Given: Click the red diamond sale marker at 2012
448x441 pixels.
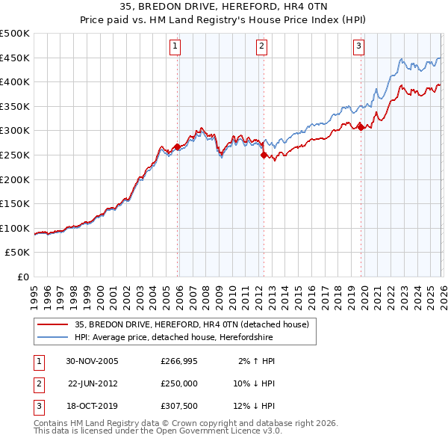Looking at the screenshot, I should (264, 155).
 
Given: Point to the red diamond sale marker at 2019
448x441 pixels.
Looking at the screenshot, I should (361, 127).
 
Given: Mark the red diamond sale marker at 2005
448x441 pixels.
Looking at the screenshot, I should (178, 147).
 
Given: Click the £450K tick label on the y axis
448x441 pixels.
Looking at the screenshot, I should (15, 58).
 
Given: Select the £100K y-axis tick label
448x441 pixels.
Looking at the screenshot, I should (15, 228).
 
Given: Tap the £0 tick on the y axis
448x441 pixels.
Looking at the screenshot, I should (22, 277).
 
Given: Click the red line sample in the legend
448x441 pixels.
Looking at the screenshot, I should (53, 324).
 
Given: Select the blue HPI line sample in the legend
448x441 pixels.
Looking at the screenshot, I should (53, 337).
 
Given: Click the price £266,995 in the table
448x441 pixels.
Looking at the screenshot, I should (177, 360).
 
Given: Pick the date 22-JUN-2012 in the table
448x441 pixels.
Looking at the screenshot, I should (93, 383).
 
